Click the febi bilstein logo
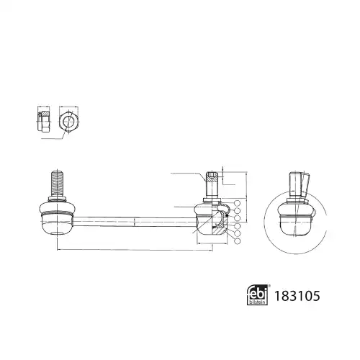[x=257, y=294]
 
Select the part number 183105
[x=297, y=296]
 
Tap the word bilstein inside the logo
[x=258, y=302]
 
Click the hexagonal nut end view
[x=68, y=122]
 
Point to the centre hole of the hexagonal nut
[x=68, y=122]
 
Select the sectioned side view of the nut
[x=44, y=122]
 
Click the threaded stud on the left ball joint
[x=57, y=183]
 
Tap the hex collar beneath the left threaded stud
[x=57, y=199]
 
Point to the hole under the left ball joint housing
[x=57, y=233]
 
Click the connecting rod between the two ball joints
[x=135, y=222]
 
